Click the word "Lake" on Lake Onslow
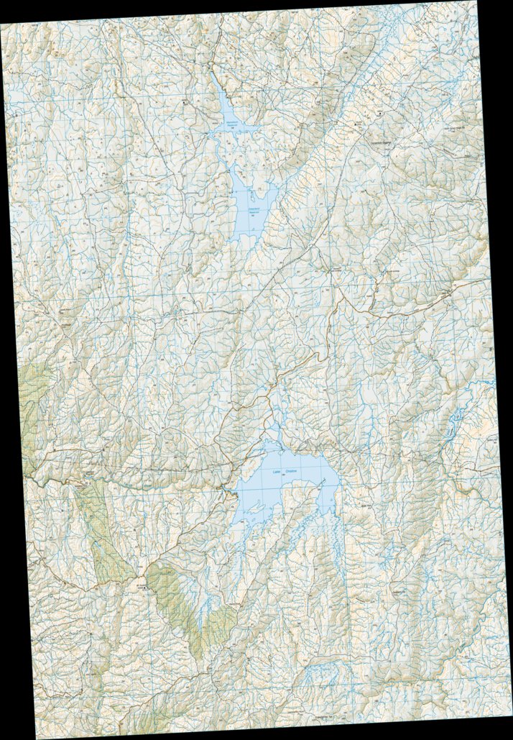(x=276, y=471)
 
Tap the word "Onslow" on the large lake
(x=291, y=470)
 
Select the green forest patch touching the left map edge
(x=29, y=403)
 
